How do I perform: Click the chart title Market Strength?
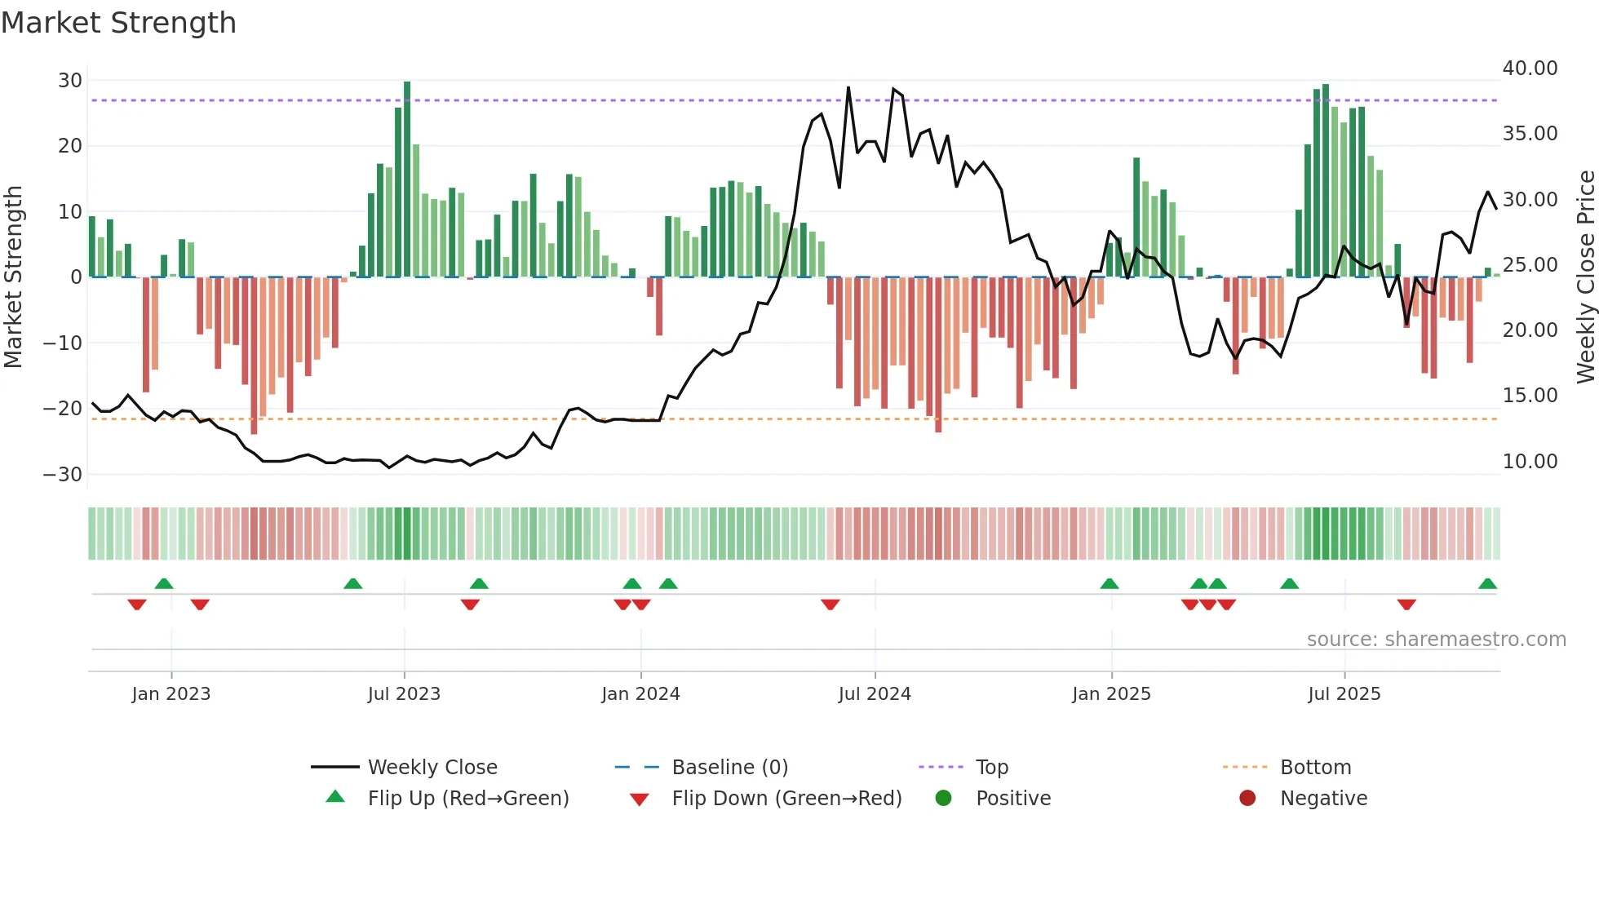118,23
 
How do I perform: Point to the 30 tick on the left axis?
70,81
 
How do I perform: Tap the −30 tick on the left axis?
63,475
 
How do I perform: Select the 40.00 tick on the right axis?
1530,69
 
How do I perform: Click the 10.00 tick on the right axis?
1530,462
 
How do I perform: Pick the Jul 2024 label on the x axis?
875,694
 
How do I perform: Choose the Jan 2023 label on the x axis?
171,694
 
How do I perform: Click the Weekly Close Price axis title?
1585,277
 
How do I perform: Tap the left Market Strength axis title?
13,277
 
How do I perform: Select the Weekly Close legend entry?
432,768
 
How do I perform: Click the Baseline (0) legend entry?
729,768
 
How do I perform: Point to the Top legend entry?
991,768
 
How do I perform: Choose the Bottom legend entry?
1315,768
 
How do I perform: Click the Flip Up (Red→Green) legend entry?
467,799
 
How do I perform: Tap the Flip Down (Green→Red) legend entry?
786,799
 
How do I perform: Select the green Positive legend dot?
943,798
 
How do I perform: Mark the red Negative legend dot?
1247,798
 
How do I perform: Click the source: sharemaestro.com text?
1436,640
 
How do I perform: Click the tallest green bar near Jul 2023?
407,179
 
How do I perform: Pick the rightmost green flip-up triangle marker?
1487,584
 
